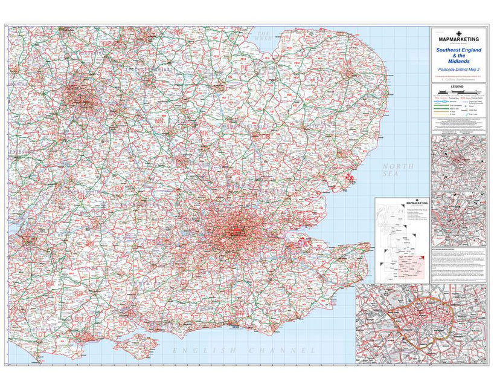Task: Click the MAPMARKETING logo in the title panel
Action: click(x=458, y=39)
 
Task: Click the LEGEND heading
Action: click(x=458, y=87)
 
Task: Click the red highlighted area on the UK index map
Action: click(x=406, y=265)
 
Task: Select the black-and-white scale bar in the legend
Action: click(x=458, y=91)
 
